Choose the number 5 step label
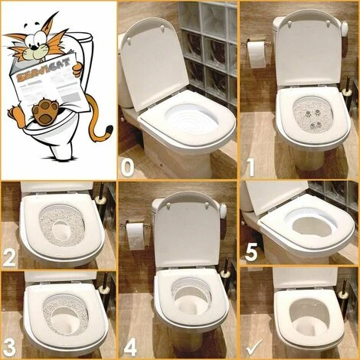coord(250,254)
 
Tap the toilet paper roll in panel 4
coord(136,234)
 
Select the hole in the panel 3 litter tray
coord(63,316)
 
